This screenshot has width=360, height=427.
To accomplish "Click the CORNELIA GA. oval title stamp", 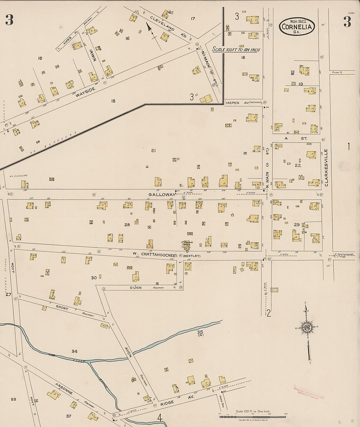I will [297, 26].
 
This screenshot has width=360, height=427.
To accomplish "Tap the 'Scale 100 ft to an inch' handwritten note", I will [236, 49].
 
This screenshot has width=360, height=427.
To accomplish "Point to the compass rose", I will [307, 328].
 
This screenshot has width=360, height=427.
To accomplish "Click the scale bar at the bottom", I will [252, 417].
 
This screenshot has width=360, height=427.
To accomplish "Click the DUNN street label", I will [135, 288].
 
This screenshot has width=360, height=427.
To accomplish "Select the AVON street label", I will [128, 351].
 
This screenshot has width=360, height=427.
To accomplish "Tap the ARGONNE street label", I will [64, 388].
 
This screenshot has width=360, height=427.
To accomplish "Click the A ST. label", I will [296, 138].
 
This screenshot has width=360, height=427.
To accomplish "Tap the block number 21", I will [153, 151].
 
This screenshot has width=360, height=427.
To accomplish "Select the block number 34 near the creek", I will [75, 351].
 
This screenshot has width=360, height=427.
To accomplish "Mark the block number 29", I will [297, 224].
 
